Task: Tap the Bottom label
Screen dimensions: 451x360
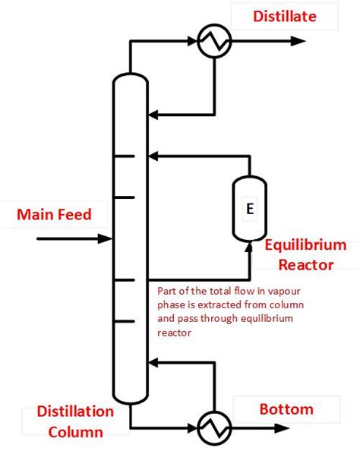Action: [286, 409]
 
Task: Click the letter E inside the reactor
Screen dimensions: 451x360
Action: [249, 209]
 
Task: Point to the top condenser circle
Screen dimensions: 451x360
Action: [214, 43]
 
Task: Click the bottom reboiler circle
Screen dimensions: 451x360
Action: [214, 430]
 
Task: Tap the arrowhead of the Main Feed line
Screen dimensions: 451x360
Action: [106, 238]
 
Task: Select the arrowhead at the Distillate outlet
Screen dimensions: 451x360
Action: [351, 43]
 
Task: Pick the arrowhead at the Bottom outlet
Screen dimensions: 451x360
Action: [351, 430]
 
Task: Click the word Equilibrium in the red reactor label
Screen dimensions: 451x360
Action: [305, 245]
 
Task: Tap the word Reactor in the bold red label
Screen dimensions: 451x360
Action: [305, 264]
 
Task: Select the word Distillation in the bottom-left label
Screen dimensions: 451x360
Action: [68, 412]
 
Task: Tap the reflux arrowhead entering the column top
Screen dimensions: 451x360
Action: [153, 115]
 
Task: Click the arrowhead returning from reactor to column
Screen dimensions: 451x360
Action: [153, 156]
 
